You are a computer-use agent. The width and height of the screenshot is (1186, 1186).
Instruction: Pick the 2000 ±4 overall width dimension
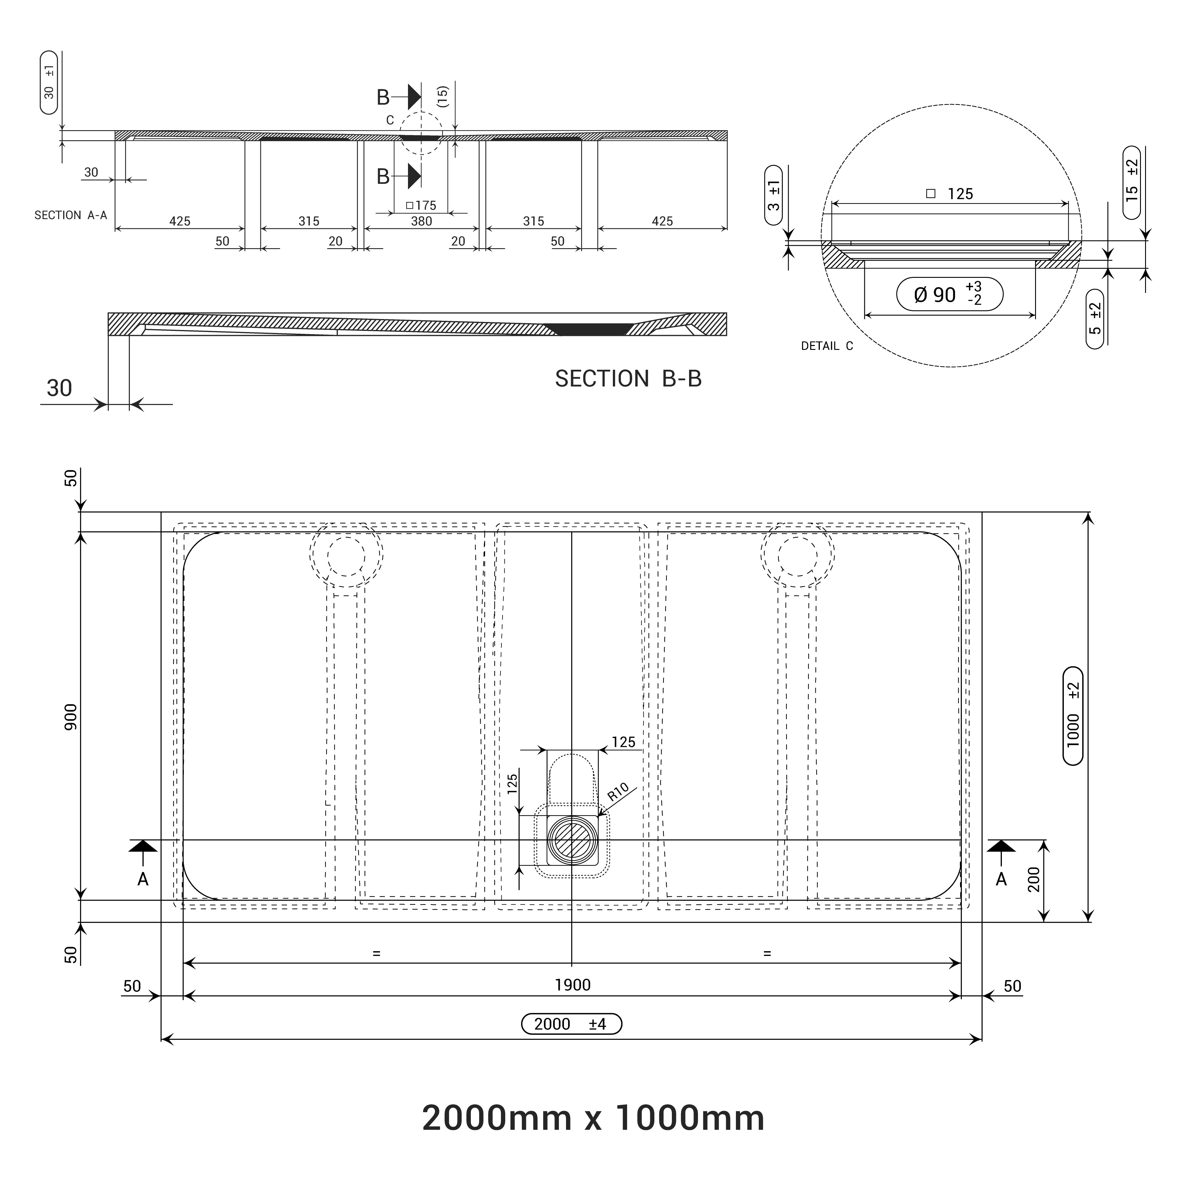571,1024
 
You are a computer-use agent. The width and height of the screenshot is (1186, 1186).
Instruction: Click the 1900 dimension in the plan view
572,985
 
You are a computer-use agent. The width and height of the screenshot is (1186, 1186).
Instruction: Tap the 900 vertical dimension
71,716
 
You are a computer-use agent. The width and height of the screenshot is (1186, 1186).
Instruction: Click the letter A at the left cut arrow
143,879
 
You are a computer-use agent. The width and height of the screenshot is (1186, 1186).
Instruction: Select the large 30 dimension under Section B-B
60,388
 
